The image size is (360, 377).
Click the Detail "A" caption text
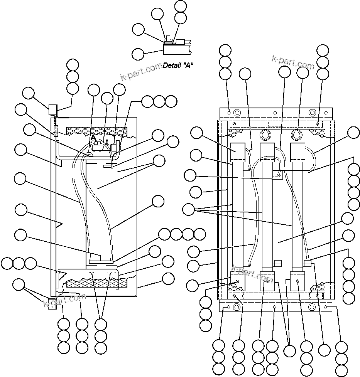click(178, 66)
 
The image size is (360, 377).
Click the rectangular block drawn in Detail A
click(176, 49)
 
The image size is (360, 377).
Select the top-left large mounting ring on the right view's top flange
click(237, 113)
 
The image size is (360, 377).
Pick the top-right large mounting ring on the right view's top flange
click(312, 113)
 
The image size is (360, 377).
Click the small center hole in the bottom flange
click(274, 307)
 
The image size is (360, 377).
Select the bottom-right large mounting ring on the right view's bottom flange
click(312, 307)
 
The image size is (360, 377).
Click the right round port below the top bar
click(297, 135)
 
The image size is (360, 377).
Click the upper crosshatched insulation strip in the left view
click(96, 131)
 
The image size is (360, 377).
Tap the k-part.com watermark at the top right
click(293, 62)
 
